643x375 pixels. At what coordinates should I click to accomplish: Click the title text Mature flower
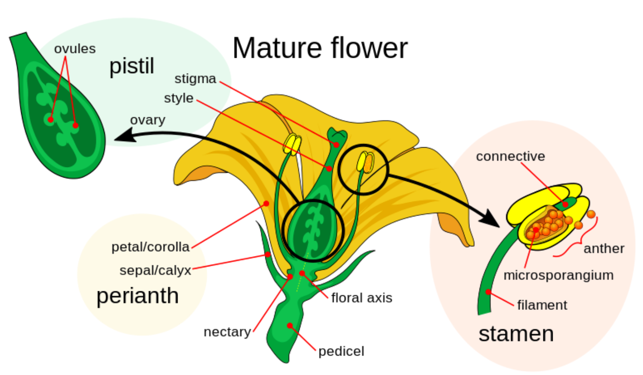pyautogui.click(x=320, y=48)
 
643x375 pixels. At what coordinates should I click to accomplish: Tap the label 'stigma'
pyautogui.click(x=195, y=79)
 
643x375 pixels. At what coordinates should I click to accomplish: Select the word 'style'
pyautogui.click(x=178, y=98)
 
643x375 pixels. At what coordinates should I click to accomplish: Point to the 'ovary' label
pyautogui.click(x=148, y=120)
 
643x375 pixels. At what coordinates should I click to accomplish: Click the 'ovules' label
pyautogui.click(x=75, y=49)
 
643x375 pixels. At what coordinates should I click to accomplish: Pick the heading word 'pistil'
pyautogui.click(x=132, y=67)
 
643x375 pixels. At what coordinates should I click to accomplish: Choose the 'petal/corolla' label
pyautogui.click(x=150, y=247)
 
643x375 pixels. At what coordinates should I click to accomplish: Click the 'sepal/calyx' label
pyautogui.click(x=155, y=270)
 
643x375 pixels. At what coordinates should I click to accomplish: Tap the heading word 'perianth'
pyautogui.click(x=138, y=296)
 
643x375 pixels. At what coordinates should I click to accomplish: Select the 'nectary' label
pyautogui.click(x=227, y=332)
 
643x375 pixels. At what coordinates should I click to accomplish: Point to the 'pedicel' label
pyautogui.click(x=341, y=351)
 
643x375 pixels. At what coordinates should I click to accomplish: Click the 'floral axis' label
pyautogui.click(x=361, y=298)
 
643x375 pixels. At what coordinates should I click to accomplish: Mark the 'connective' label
pyautogui.click(x=510, y=156)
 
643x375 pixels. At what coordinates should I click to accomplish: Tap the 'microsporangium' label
pyautogui.click(x=558, y=275)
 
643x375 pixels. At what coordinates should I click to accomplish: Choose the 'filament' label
pyautogui.click(x=542, y=305)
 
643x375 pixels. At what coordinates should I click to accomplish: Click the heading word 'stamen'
pyautogui.click(x=516, y=334)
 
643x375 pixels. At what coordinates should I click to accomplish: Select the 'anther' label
pyautogui.click(x=604, y=249)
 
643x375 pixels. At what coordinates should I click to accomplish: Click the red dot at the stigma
pyautogui.click(x=336, y=145)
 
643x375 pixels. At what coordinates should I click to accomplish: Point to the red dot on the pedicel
pyautogui.click(x=290, y=326)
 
